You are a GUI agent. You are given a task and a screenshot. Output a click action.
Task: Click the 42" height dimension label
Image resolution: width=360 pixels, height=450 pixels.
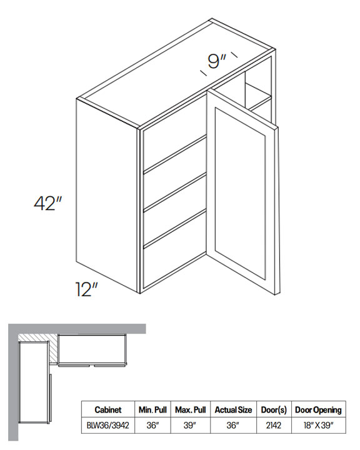click(48, 203)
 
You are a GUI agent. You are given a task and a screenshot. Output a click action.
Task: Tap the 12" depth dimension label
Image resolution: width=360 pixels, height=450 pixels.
click(86, 289)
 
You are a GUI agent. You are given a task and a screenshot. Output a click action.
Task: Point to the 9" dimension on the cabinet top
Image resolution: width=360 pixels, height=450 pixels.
click(217, 61)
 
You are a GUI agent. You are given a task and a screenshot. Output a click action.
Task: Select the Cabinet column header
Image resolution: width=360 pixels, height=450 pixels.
click(108, 409)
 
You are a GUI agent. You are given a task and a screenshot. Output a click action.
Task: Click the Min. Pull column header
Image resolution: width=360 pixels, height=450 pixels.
click(152, 409)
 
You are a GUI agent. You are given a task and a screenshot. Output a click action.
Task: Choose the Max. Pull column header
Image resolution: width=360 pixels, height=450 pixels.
click(191, 409)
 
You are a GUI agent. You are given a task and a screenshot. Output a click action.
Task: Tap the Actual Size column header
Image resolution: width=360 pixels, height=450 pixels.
click(233, 409)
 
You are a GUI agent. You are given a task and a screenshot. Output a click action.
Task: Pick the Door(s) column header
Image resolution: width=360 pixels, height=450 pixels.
click(274, 410)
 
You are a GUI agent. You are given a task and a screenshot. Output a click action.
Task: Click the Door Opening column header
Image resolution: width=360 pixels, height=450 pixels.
click(318, 410)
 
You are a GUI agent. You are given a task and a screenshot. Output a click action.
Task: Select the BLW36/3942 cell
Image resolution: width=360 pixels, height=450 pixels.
click(108, 425)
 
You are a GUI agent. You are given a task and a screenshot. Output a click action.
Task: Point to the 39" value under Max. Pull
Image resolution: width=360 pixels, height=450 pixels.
click(191, 425)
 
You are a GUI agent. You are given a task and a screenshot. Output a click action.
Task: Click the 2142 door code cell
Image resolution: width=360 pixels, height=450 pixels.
click(274, 425)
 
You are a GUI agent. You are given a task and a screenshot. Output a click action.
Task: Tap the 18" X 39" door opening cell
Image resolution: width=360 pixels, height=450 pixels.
click(318, 425)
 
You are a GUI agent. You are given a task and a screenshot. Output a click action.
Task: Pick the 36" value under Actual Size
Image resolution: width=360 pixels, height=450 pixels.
click(233, 425)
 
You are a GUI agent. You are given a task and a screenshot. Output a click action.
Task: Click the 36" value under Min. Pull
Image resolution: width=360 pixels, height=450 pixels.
click(152, 425)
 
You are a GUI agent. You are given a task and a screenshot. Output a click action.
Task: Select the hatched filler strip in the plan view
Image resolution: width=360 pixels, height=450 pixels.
click(53, 351)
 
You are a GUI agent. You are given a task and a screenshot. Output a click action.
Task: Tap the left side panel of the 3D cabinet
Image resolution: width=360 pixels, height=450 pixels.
click(107, 195)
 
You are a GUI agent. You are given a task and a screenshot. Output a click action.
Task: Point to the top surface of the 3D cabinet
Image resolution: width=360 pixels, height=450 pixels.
click(175, 73)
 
